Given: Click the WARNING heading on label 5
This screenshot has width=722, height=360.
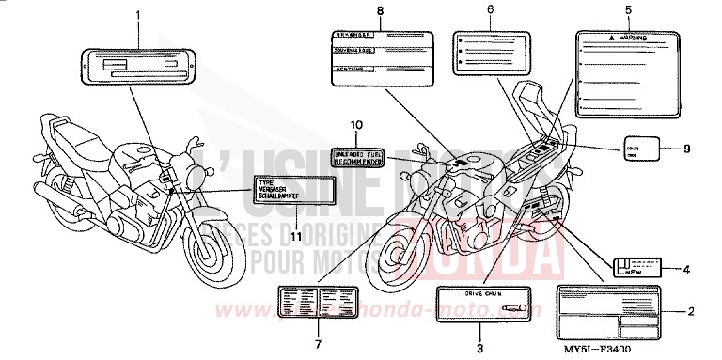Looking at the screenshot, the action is coord(632,39).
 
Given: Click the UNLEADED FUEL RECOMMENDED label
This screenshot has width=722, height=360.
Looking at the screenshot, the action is coord(356,155).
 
